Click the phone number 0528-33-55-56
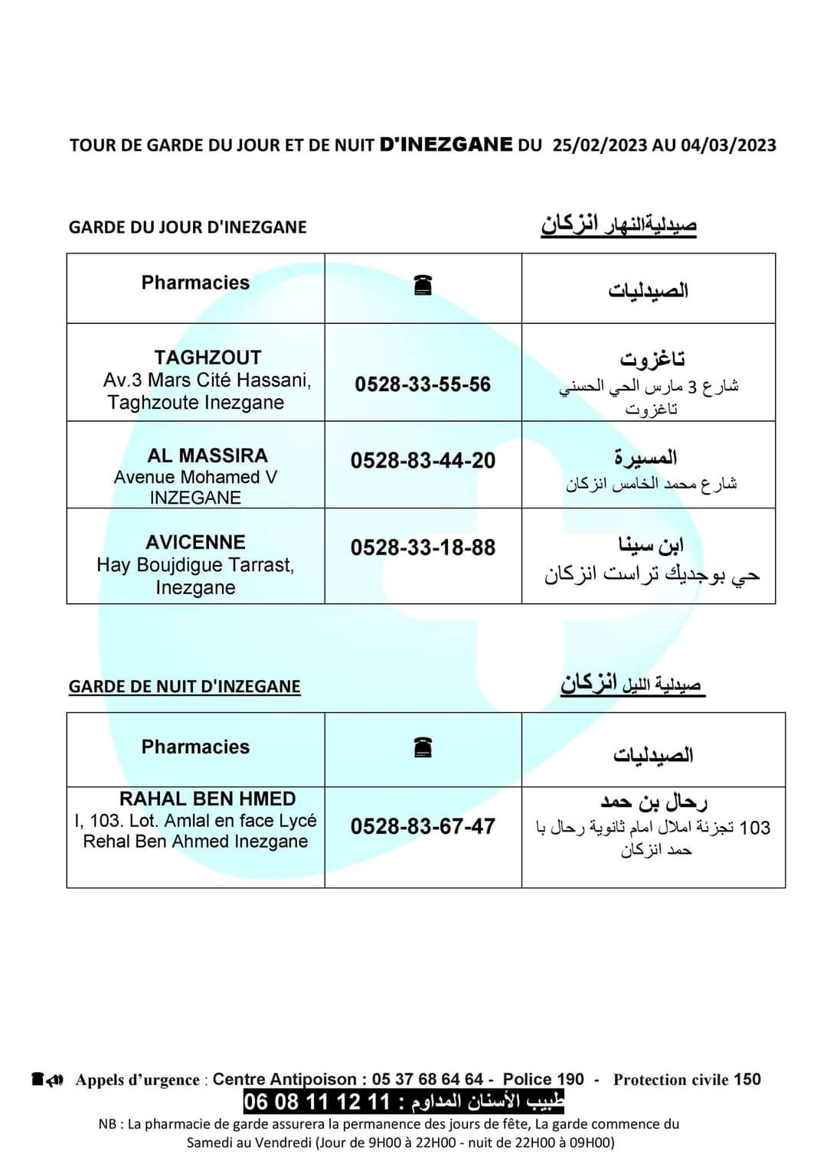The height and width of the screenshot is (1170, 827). [x=423, y=384]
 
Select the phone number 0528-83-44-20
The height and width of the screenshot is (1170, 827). [x=423, y=461]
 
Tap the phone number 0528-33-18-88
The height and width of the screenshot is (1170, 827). [x=423, y=548]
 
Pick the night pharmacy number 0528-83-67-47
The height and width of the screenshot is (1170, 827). [x=423, y=827]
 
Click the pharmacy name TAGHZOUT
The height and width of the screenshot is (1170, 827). [x=208, y=358]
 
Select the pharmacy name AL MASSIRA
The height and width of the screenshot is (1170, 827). [x=208, y=456]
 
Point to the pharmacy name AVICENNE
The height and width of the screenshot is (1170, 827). [x=196, y=542]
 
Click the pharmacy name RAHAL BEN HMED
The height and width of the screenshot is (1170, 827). [x=208, y=799]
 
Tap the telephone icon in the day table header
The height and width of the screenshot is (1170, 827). [x=423, y=286]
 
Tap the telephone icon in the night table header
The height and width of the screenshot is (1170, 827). [x=423, y=747]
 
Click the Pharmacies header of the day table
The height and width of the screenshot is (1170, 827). [x=195, y=283]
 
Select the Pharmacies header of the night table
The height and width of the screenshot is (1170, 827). [x=195, y=747]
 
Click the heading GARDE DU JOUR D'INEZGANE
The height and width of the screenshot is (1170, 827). [x=188, y=227]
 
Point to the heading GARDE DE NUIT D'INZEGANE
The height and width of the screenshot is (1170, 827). [x=185, y=686]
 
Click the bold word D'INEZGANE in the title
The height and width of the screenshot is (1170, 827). [x=446, y=145]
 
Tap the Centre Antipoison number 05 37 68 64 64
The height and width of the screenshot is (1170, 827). [x=427, y=1080]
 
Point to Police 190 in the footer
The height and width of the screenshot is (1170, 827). [x=543, y=1080]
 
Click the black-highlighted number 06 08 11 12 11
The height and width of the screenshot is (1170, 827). [x=316, y=1103]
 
